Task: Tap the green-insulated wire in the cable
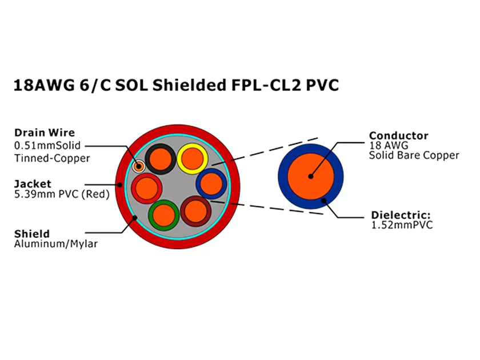tap(164, 215)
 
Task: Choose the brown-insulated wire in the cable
tap(196, 211)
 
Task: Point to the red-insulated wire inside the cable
tap(146, 187)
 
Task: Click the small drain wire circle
tap(138, 166)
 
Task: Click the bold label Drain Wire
tap(45, 133)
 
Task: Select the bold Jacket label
tap(33, 183)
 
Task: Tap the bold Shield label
tap(32, 234)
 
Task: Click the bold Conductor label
tap(398, 135)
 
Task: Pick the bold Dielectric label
tap(401, 215)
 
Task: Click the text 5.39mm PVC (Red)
tap(61, 194)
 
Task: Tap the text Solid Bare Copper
tap(414, 155)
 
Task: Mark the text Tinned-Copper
tap(52, 158)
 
